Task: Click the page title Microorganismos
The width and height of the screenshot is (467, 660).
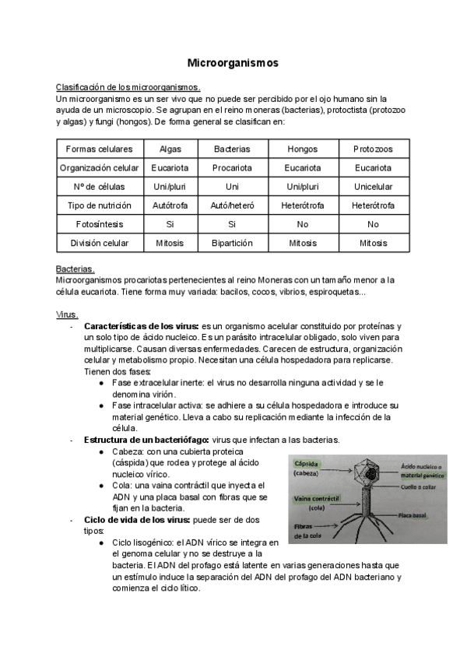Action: click(x=233, y=61)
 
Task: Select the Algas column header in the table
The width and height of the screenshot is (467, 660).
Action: click(x=170, y=149)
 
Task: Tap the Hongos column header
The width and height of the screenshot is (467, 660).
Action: click(x=302, y=149)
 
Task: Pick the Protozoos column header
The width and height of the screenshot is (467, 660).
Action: click(x=373, y=149)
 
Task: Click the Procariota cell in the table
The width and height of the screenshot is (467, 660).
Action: click(x=232, y=167)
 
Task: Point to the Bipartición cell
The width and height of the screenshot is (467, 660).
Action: click(x=232, y=243)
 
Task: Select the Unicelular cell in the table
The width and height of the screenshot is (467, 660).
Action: click(x=373, y=187)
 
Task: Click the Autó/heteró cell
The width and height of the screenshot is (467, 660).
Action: click(x=232, y=205)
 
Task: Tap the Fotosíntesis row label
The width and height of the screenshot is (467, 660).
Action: click(x=99, y=224)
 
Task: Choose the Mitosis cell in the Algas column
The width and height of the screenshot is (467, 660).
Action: click(x=170, y=243)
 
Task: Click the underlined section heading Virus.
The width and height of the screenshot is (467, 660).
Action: click(x=67, y=314)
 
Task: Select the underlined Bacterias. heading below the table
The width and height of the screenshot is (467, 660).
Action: click(x=75, y=269)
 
